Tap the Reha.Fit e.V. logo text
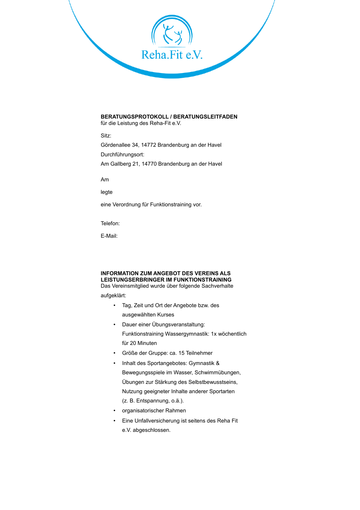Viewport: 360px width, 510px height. [172, 55]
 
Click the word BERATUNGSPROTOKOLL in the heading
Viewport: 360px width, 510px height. [134, 117]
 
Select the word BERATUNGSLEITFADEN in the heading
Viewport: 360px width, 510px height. [205, 117]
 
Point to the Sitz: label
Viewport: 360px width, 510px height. [106, 136]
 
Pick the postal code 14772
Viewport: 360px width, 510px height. [149, 145]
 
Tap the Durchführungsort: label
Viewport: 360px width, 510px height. [123, 155]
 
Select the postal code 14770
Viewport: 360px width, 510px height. [149, 164]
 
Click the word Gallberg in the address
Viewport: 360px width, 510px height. [121, 164]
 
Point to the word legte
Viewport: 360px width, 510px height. [107, 192]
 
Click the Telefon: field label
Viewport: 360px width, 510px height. [110, 223]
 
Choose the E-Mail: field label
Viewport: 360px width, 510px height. [109, 236]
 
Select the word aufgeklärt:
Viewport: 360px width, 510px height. [114, 296]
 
